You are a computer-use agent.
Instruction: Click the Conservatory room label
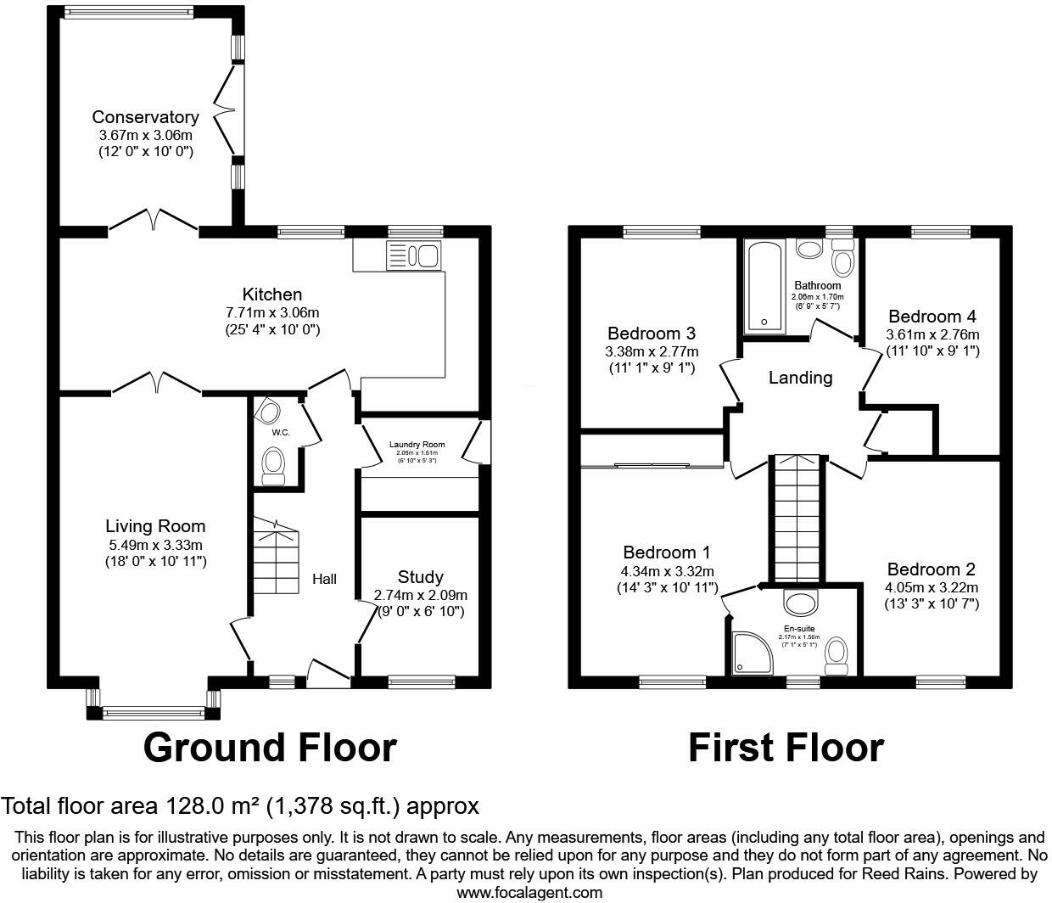[x=145, y=117]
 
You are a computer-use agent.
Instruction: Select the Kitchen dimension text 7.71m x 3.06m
[x=272, y=312]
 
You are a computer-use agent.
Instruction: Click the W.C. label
[x=281, y=433]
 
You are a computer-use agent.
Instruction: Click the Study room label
[x=420, y=577]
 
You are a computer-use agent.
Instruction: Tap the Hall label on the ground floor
[x=324, y=579]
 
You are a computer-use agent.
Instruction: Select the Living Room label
[x=155, y=526]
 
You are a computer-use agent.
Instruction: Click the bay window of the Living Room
[x=154, y=712]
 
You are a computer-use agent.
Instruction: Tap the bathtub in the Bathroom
[x=765, y=286]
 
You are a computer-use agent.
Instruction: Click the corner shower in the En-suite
[x=747, y=653]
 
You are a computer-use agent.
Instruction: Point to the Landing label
[x=800, y=378]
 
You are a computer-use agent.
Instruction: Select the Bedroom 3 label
[x=652, y=334]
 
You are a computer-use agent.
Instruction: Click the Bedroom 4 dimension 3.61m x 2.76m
[x=932, y=334]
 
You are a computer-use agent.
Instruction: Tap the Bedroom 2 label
[x=932, y=569]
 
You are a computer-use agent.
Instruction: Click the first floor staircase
[x=797, y=518]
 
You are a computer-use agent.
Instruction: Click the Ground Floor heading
[x=270, y=748]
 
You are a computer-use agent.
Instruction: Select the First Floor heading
[x=786, y=748]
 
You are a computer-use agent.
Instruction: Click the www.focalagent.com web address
[x=529, y=892]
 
